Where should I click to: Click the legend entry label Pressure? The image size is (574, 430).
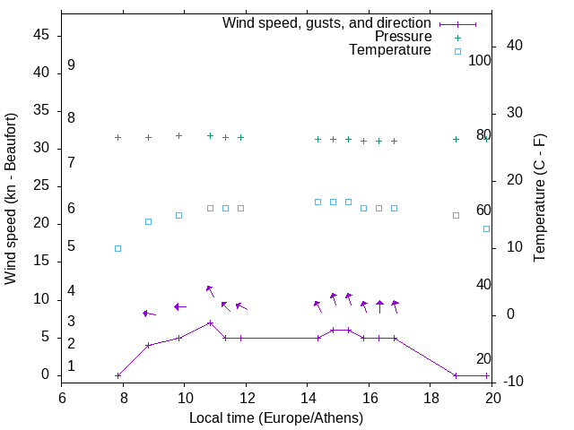[403, 37]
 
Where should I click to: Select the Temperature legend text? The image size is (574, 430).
[390, 50]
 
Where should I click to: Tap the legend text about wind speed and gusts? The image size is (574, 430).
[327, 23]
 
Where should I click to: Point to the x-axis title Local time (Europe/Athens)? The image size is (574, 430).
[276, 418]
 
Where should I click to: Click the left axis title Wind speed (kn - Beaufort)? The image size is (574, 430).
[11, 199]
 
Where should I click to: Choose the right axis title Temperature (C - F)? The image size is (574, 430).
[540, 199]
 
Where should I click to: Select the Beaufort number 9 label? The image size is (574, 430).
[71, 65]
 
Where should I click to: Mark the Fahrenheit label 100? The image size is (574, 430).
[481, 61]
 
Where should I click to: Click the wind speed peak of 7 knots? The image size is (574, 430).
[210, 322]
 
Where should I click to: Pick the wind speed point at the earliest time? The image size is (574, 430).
[117, 375]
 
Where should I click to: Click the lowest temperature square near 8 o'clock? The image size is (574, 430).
[117, 248]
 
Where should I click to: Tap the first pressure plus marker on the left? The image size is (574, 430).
[117, 137]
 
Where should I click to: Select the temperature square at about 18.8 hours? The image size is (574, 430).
[456, 215]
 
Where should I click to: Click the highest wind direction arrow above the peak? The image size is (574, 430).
[210, 289]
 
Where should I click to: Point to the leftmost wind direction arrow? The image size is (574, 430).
[149, 314]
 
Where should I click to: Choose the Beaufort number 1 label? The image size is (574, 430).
[71, 366]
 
